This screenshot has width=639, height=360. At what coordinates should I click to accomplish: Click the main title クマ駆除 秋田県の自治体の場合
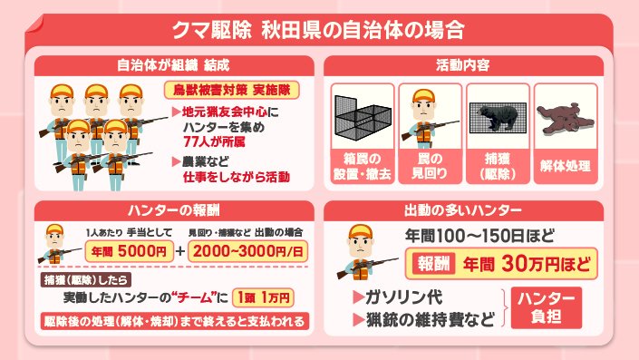(x=318, y=30)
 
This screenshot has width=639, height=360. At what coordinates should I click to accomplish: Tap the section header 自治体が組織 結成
(x=174, y=65)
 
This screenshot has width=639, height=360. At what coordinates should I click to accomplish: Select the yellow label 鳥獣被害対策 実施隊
(x=231, y=90)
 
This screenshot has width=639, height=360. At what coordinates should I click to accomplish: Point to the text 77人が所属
(x=214, y=141)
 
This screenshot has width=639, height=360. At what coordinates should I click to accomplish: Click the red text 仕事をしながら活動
(x=237, y=177)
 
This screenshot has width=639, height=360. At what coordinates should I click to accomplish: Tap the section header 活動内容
(x=463, y=65)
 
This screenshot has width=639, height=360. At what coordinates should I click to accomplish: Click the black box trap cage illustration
(x=363, y=117)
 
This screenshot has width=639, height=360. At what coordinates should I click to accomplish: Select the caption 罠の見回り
(x=430, y=166)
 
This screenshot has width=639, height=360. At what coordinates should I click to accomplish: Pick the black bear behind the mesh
(x=498, y=117)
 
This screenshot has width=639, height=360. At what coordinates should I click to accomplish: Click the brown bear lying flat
(x=565, y=119)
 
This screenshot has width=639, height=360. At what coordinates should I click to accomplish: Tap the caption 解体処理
(x=566, y=166)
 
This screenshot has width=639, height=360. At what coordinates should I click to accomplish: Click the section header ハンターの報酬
(x=174, y=210)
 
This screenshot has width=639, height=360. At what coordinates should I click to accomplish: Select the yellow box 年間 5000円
(x=130, y=251)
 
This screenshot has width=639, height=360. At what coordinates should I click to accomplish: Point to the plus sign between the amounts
(x=180, y=251)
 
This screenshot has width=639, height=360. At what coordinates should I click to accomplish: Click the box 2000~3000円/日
(x=247, y=251)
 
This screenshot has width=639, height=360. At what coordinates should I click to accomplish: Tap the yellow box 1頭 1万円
(x=263, y=297)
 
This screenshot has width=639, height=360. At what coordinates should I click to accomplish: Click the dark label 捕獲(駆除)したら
(x=85, y=279)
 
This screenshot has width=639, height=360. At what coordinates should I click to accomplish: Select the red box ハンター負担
(x=546, y=307)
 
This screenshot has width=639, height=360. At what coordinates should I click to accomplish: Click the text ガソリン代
(x=404, y=297)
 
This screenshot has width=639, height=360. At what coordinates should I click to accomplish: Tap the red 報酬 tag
(x=433, y=264)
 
